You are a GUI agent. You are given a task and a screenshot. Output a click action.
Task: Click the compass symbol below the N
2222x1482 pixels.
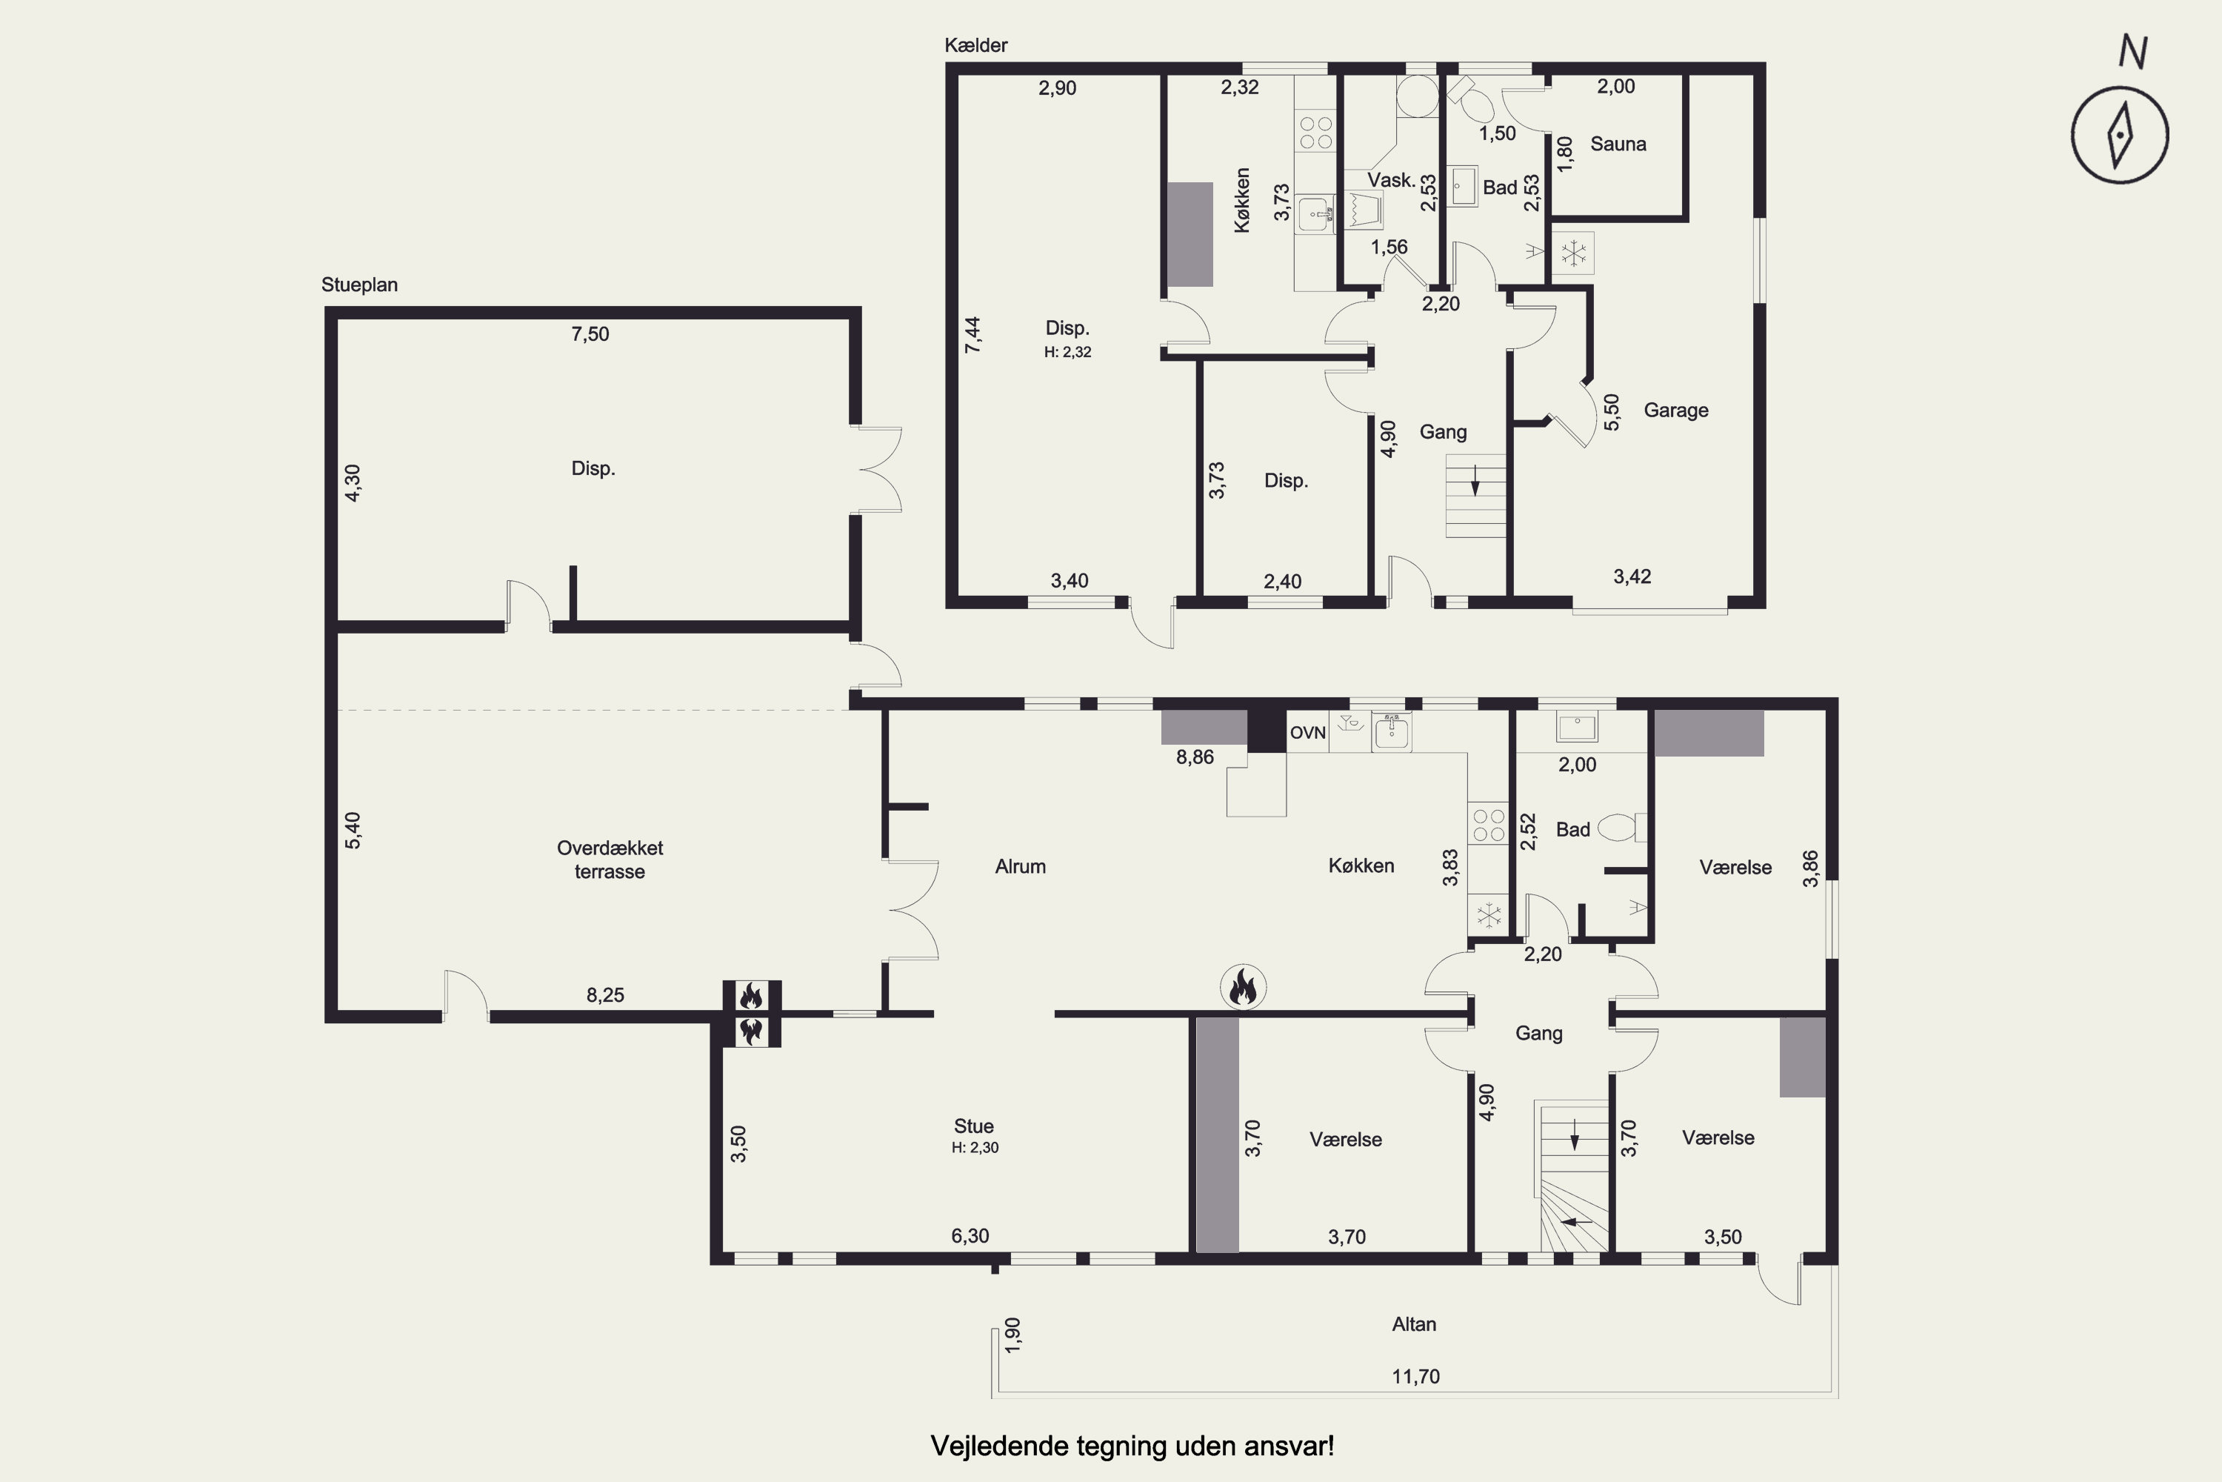pos(2120,135)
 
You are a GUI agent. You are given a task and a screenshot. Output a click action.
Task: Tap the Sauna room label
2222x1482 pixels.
pos(1618,144)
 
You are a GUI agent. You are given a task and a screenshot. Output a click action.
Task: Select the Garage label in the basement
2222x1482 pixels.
pos(1676,411)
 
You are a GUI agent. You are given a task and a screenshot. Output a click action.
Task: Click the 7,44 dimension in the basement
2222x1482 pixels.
pos(972,335)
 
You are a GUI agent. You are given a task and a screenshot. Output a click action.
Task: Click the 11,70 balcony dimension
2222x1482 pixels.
pos(1415,1376)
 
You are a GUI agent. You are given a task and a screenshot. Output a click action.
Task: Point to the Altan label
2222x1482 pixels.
pos(1414,1324)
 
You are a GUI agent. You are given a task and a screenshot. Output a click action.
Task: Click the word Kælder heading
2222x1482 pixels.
pos(976,45)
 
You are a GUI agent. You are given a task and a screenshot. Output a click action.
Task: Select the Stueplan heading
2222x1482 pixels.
pos(359,285)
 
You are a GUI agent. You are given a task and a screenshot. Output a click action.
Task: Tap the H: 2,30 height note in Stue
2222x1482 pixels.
pos(975,1147)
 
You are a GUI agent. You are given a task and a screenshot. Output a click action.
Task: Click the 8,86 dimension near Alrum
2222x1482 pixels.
pos(1195,757)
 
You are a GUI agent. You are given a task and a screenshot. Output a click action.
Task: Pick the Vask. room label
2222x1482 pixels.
pos(1392,179)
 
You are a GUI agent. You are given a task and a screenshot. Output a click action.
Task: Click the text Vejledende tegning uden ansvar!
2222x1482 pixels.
pos(1132,1446)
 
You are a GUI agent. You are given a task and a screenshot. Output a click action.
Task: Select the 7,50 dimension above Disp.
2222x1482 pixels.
pos(590,333)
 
